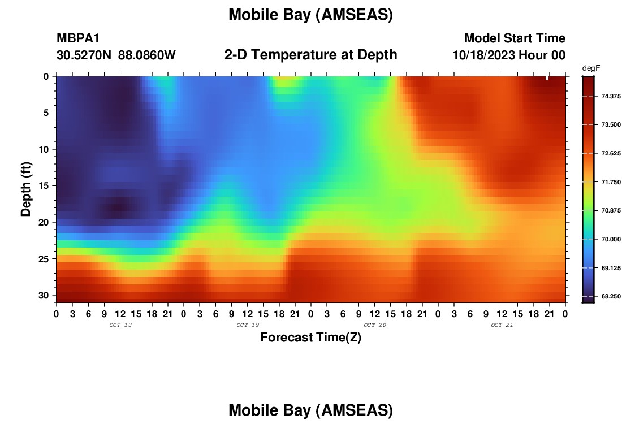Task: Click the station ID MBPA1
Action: coord(78,38)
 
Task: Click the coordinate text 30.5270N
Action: coord(84,55)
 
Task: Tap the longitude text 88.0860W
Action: coord(147,55)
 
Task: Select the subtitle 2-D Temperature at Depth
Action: coord(310,55)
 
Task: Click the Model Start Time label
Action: coord(515,38)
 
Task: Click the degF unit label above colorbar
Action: coord(591,68)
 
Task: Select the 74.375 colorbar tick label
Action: coord(611,96)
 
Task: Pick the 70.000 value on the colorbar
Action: coord(611,239)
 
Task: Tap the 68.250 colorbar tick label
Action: coord(611,296)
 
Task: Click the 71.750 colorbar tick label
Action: coord(611,182)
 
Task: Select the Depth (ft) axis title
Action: coord(26,189)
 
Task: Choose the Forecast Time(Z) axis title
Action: coord(310,337)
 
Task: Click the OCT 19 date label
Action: coord(248,325)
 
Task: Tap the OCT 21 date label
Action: coord(502,325)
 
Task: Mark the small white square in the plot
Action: coord(547,78)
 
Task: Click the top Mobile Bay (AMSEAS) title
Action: coord(310,15)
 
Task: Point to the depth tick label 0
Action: coord(46,76)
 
